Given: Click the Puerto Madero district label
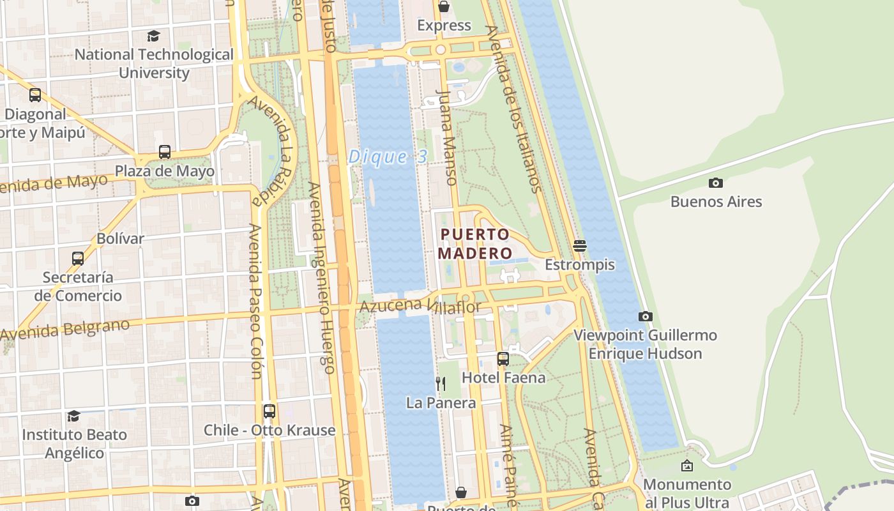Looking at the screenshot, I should point(476,243).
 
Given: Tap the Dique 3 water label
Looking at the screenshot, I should point(387,157).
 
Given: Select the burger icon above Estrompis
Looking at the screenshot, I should point(580,245).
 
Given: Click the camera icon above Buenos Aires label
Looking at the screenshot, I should point(716,183).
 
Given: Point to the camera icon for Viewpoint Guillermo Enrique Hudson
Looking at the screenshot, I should point(646,316).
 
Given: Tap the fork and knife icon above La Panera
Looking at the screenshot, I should point(441,383).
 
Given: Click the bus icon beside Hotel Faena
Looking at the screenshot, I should point(503,358).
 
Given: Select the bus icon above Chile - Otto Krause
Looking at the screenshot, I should point(269,411).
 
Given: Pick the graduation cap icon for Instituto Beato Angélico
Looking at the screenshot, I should point(74,416).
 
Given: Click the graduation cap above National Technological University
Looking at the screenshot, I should point(153,36).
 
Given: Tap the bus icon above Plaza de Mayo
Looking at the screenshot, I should point(165,152).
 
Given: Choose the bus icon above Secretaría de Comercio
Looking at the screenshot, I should point(78,258).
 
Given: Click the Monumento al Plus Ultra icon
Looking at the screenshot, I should point(687,466).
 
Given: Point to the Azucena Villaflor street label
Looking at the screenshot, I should point(420,306).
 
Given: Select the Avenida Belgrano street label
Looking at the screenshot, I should point(65,330).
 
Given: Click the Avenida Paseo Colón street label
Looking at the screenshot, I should point(256,300).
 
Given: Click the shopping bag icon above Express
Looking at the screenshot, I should point(444,6).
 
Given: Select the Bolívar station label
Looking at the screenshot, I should point(120,238).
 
